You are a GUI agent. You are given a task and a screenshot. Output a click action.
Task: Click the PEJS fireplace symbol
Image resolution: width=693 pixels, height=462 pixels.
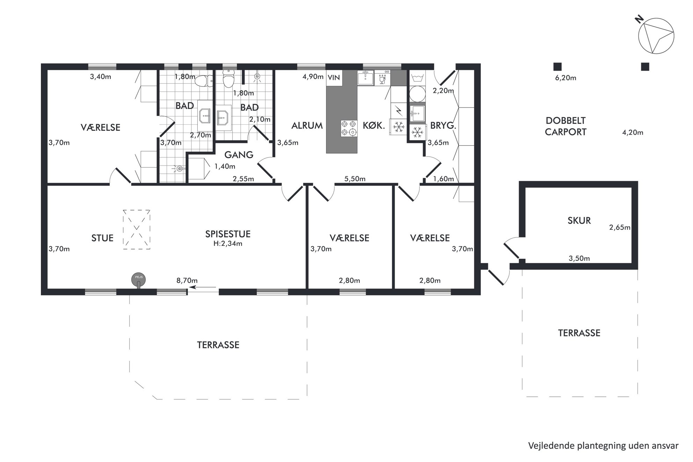[x=138, y=280]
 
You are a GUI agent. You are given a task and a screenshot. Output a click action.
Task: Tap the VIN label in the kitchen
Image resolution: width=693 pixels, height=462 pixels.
[x=334, y=78]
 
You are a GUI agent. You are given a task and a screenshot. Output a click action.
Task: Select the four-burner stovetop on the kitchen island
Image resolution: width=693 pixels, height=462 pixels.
[x=349, y=128]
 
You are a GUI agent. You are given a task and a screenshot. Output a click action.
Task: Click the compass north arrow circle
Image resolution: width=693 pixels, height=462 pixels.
[x=656, y=36]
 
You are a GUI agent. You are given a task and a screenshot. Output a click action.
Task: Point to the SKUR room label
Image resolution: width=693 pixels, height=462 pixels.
[x=579, y=221]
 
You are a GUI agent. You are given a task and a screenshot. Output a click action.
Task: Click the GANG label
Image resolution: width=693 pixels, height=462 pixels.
[x=239, y=155]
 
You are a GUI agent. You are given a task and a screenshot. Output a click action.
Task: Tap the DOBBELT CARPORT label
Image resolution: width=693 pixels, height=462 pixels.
[x=566, y=126]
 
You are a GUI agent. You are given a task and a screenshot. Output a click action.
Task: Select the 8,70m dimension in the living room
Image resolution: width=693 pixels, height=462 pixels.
[x=187, y=280]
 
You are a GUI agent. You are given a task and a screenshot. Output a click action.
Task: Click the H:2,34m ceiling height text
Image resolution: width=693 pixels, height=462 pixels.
[x=228, y=244]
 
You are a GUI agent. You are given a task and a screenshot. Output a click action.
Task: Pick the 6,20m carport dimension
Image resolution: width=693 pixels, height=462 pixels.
[x=566, y=78]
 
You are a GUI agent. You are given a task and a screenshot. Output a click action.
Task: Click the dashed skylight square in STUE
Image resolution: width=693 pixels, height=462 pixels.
[x=137, y=229]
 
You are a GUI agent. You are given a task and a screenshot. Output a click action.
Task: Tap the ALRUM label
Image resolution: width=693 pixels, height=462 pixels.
[x=307, y=126]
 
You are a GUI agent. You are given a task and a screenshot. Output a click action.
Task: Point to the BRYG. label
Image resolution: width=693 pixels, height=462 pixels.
[x=443, y=126]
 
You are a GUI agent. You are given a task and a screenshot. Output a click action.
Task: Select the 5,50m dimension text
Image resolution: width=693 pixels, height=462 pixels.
[x=355, y=179]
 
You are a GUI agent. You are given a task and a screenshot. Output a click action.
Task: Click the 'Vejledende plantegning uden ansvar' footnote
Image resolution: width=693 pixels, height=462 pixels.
[x=603, y=446]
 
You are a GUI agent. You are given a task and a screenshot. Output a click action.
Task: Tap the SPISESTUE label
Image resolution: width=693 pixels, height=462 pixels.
[x=228, y=234]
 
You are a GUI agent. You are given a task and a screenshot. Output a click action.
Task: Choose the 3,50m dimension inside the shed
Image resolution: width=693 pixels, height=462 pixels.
[x=579, y=258]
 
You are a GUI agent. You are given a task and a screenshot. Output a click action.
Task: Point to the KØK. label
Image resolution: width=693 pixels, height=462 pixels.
[x=374, y=125]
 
